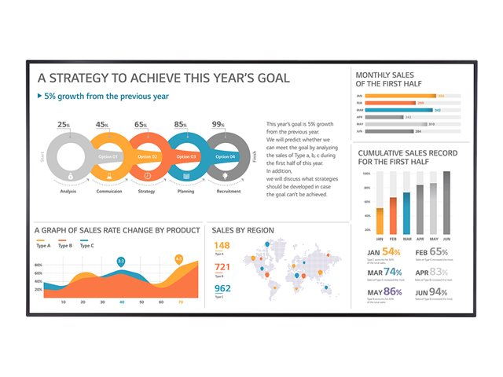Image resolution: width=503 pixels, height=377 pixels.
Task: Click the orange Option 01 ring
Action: [x=108, y=156]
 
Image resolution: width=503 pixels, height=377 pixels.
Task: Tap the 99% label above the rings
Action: [x=218, y=124]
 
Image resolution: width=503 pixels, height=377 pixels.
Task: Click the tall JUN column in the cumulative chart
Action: [x=446, y=201]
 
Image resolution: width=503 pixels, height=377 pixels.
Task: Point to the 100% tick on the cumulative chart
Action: [x=366, y=173]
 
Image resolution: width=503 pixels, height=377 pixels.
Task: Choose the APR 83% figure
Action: [x=439, y=272]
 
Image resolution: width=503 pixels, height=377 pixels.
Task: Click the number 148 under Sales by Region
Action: [x=222, y=246]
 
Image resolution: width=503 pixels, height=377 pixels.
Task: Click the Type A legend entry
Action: [x=43, y=246]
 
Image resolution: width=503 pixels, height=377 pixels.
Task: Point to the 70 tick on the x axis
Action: [x=180, y=302]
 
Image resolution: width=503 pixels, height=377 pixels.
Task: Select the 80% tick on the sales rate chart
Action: [x=38, y=265]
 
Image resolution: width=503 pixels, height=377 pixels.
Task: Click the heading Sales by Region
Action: [x=243, y=231]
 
